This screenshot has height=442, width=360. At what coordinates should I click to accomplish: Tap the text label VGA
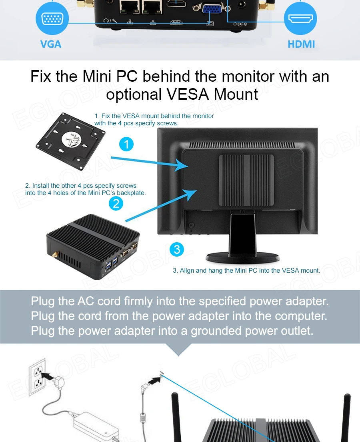coord(51,44)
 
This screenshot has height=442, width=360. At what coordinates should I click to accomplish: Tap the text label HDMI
coord(301,44)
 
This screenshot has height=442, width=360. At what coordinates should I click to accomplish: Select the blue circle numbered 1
coord(127,144)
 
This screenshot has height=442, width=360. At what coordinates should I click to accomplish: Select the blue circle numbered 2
coord(116,204)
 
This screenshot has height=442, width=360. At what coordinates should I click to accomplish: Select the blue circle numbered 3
coord(176,250)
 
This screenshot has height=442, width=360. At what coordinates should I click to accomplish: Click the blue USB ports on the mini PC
coord(112,263)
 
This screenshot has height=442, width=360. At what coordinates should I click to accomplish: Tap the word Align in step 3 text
coord(187,271)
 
